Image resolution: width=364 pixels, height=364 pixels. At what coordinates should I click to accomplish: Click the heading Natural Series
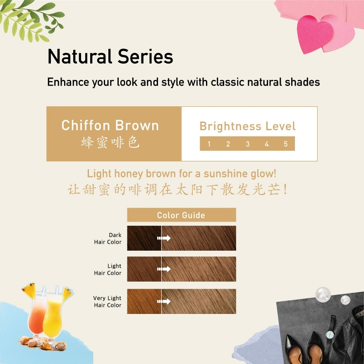(x=110, y=57)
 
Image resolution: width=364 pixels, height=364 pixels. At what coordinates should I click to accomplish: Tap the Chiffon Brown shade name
(x=110, y=125)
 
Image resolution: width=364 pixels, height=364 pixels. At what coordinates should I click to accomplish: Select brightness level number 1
(x=209, y=144)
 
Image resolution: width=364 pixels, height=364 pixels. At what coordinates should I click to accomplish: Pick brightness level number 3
(x=247, y=144)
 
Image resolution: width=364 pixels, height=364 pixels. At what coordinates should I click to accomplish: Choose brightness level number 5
(x=285, y=144)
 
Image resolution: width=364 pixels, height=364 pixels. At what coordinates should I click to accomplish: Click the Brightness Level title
(x=247, y=126)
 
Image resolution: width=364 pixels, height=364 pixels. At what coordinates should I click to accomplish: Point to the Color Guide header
(x=181, y=215)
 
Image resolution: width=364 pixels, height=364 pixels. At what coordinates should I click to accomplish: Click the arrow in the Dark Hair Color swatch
(x=164, y=238)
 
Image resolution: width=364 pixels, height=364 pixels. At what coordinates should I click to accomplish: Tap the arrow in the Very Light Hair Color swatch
(x=164, y=302)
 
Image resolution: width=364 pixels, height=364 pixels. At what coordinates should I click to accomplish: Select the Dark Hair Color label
(x=108, y=239)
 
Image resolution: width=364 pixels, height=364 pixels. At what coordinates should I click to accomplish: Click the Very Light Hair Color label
(x=108, y=302)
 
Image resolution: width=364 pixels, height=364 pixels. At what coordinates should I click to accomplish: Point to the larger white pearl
(x=323, y=295)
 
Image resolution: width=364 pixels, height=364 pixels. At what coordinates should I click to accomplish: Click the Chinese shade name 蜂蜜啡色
(x=110, y=143)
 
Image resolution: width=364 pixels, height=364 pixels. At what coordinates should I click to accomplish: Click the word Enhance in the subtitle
(x=65, y=82)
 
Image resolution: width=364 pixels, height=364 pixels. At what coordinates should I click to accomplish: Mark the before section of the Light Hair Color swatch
(x=144, y=269)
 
